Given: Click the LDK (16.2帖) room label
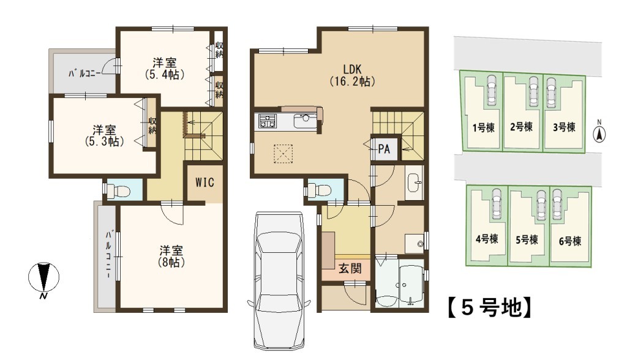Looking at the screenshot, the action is [x=352, y=75].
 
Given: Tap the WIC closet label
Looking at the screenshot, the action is [x=205, y=182].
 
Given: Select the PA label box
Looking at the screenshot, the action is [x=384, y=149].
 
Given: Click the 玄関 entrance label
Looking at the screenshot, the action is [x=350, y=268].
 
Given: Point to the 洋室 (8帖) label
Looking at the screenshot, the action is [x=171, y=257].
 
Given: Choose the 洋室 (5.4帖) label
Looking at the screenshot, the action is [x=164, y=69].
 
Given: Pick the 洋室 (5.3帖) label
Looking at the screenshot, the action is [x=104, y=136].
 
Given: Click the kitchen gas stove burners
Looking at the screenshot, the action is [x=267, y=121].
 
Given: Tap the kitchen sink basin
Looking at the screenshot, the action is [x=304, y=121].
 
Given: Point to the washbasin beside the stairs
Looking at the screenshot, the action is [x=414, y=183].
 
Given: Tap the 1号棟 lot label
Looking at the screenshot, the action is [x=484, y=128].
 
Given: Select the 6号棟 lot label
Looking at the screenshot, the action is [x=570, y=241].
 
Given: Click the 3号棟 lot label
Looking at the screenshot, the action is [x=564, y=127].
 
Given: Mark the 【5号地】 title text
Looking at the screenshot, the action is [x=490, y=307].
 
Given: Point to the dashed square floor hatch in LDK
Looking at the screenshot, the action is [x=283, y=154].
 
